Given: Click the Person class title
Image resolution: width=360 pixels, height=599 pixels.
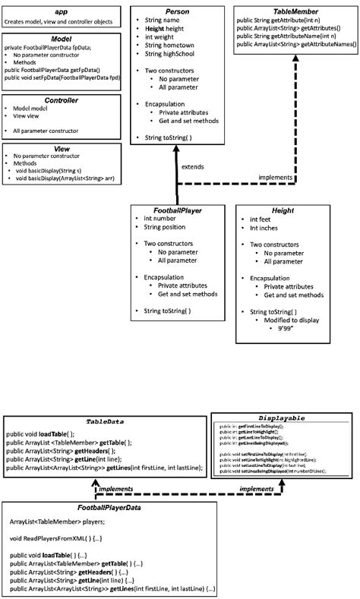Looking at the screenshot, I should [177, 12].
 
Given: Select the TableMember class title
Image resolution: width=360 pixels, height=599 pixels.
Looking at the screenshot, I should [295, 12].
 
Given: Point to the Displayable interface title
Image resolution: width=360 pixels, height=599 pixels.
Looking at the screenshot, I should [282, 418].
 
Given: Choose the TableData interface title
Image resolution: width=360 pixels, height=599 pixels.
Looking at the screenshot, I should [106, 421].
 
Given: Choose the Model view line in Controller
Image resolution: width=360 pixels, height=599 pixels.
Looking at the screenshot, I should [26, 118].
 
